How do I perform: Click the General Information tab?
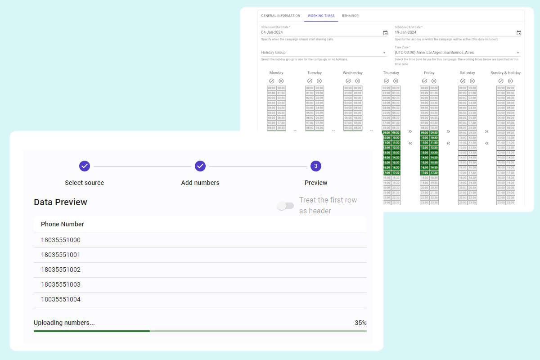pos(280,16)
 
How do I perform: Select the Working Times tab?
pos(321,16)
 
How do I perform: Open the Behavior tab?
pos(350,16)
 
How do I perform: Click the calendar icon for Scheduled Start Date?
pos(385,33)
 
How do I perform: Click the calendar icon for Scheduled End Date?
pos(519,33)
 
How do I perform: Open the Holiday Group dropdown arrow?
pos(384,53)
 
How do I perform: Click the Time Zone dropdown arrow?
pos(518,53)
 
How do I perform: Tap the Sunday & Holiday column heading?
pos(505,73)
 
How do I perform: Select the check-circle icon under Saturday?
pos(463,81)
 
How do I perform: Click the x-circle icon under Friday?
pos(434,81)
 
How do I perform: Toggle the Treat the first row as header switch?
pos(286,206)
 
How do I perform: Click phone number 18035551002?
pos(61,270)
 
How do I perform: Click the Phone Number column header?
pos(63,224)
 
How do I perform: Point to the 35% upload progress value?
pos(360,323)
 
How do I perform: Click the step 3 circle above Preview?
pos(316,166)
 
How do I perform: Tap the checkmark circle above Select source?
pos(85,166)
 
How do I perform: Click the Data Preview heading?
pos(60,202)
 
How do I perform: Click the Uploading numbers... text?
pos(64,323)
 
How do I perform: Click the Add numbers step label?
pos(200,183)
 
